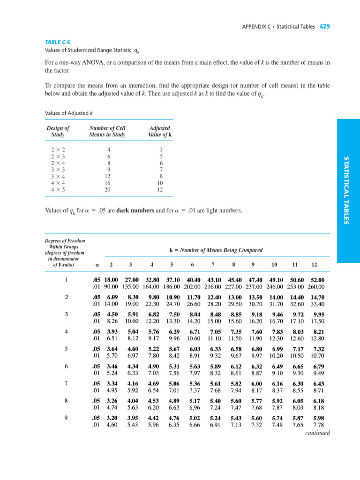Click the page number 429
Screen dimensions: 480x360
tap(325, 27)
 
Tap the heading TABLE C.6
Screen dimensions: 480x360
tap(56, 42)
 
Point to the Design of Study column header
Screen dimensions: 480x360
tap(58, 131)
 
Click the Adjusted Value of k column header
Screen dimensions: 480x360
tap(159, 131)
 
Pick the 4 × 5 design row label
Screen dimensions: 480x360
tap(58, 190)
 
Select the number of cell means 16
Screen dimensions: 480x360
tap(107, 184)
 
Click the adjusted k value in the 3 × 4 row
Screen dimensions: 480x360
tap(159, 177)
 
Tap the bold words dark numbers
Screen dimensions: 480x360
tap(136, 210)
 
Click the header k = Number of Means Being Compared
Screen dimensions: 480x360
tap(216, 250)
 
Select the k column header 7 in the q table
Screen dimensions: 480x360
tap(213, 265)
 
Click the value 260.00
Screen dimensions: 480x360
tap(315, 287)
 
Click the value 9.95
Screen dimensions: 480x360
tap(319, 315)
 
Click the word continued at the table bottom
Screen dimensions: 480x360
tap(317, 433)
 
